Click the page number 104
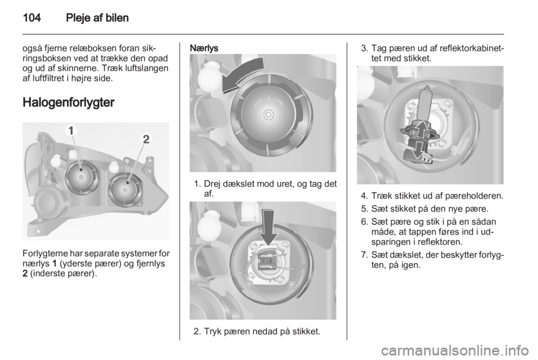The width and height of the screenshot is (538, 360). tap(31, 17)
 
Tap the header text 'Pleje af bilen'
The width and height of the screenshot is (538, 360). tap(98, 17)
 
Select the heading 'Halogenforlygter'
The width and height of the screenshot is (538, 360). tap(68, 103)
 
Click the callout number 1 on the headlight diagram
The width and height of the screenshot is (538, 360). tap(71, 131)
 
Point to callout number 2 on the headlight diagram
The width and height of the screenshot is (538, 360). tap(146, 139)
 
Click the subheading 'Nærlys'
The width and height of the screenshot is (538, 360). tap(204, 48)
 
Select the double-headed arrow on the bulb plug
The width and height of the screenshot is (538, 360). tap(416, 140)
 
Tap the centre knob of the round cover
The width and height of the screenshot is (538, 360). tap(268, 114)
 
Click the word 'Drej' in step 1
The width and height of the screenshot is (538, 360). tap(212, 184)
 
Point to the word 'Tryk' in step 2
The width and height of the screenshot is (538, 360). tap(212, 332)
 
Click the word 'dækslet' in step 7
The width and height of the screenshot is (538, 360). tap(400, 255)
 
